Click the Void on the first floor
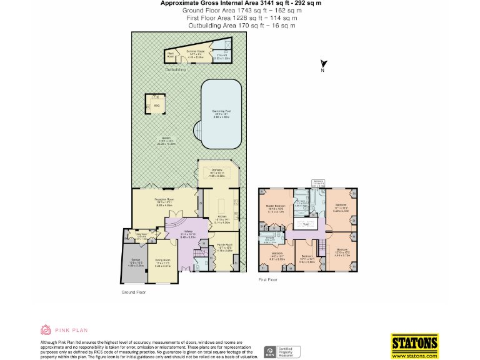(306, 224)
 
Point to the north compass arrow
(323, 64)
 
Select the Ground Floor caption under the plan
(133, 291)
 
